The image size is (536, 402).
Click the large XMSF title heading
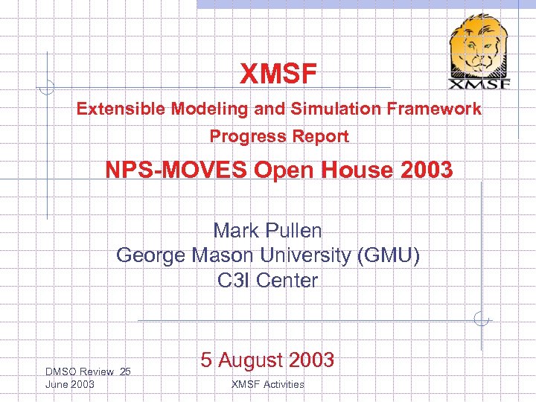[278, 74]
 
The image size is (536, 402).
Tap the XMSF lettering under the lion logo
[479, 83]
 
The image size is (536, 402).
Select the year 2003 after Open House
[425, 170]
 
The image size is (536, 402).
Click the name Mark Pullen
[267, 231]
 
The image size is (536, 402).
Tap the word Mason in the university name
[225, 256]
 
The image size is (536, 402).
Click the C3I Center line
[267, 281]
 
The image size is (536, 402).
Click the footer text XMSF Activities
[267, 384]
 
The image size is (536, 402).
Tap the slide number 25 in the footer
[125, 371]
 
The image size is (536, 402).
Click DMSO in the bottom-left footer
[59, 371]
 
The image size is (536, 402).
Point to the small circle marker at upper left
[46, 88]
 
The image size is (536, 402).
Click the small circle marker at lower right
[482, 321]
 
